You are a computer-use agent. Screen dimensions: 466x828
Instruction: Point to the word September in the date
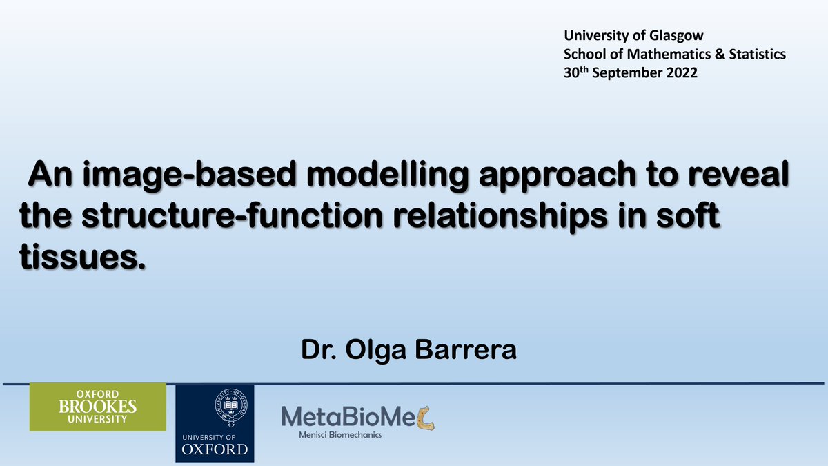624,73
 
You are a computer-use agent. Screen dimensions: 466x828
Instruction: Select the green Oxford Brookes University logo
97,407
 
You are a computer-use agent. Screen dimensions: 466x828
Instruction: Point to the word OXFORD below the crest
215,449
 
